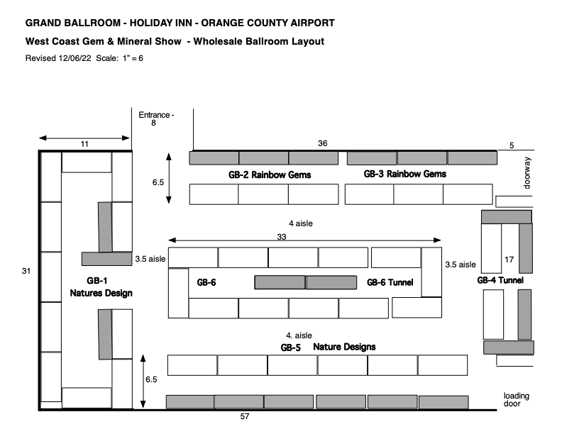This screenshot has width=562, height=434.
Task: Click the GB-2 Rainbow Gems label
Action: (x=262, y=174)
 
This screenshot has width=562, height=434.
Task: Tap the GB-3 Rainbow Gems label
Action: (x=405, y=174)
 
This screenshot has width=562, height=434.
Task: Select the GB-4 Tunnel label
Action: (x=500, y=280)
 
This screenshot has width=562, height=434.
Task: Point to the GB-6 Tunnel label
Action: (x=390, y=282)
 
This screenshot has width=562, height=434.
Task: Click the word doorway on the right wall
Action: (x=527, y=173)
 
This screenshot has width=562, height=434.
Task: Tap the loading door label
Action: (x=517, y=400)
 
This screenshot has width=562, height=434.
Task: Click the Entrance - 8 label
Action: (x=155, y=118)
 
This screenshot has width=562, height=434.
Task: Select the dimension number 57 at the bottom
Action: (x=245, y=416)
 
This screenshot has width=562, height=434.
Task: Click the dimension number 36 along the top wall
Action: (x=323, y=143)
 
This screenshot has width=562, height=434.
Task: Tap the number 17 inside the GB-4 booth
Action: (x=508, y=260)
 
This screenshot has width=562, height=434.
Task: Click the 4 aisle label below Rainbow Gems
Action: (x=301, y=223)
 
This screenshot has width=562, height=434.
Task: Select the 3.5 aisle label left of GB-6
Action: (x=150, y=260)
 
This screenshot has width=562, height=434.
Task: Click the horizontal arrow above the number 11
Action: (x=84, y=138)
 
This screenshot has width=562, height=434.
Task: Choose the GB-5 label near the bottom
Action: (x=291, y=347)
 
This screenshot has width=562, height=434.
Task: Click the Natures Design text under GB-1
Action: (x=101, y=293)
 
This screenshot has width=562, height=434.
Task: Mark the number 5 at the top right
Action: (x=512, y=146)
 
